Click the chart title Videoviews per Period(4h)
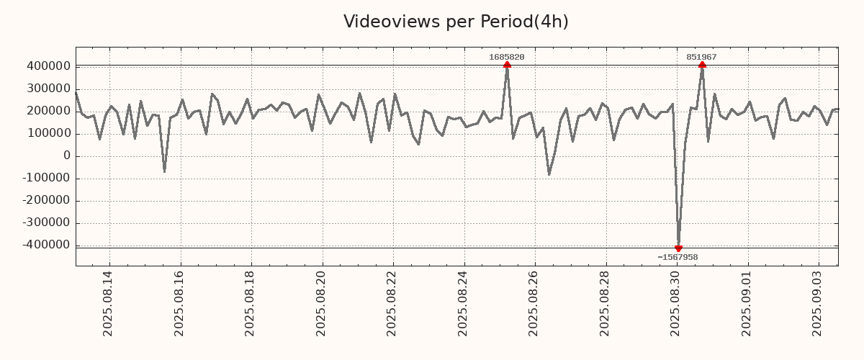tap(456, 22)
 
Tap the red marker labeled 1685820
tap(508, 65)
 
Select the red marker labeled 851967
tap(702, 65)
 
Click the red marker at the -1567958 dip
tap(678, 248)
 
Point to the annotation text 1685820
tap(507, 57)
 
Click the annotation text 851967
tap(701, 57)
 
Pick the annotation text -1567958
tap(678, 257)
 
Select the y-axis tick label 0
tap(66, 156)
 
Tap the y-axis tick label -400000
tap(45, 245)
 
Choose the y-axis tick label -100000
tap(45, 178)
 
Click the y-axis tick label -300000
tap(45, 222)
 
